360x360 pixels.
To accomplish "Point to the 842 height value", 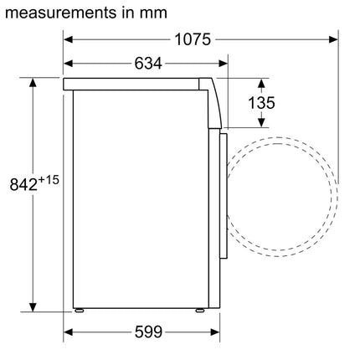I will pos(22,184).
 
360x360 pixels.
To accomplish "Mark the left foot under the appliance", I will pos(80,311).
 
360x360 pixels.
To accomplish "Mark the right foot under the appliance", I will pos(199,311).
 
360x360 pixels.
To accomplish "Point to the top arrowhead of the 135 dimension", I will pos(260,85).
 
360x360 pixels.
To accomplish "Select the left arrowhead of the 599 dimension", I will pos(69,332).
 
